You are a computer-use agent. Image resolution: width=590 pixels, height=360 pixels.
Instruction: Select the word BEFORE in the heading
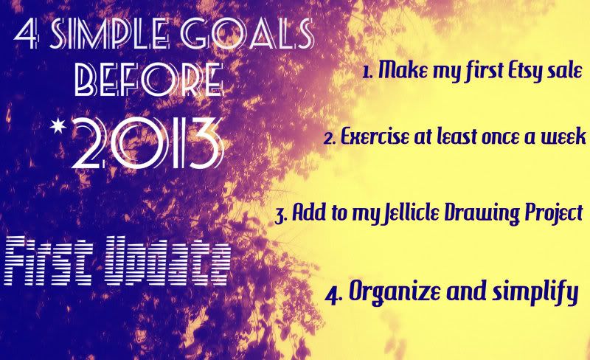149,80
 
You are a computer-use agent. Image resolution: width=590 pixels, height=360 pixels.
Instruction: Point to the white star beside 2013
58,127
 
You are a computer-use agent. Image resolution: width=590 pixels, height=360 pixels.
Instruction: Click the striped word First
48,261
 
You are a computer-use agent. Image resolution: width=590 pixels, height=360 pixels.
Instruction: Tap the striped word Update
167,261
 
